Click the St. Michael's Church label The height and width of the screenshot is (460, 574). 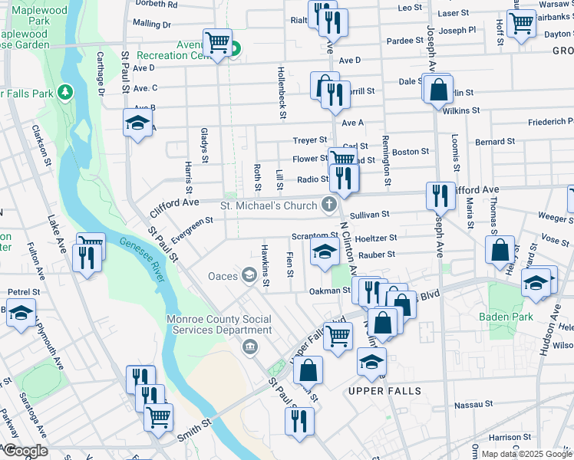tap(268, 205)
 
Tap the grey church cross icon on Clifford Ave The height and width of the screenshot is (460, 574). tap(329, 204)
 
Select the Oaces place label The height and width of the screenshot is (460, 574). tap(223, 275)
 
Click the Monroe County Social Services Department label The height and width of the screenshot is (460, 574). tap(220, 324)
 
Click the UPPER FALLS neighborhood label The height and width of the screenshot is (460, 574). tap(384, 391)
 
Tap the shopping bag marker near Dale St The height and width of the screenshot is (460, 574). tap(437, 90)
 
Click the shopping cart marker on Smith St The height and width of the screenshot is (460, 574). tap(158, 417)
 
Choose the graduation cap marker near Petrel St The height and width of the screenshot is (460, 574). tap(21, 314)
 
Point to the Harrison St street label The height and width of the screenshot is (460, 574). tap(506, 437)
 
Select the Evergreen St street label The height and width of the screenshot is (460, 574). tap(192, 228)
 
